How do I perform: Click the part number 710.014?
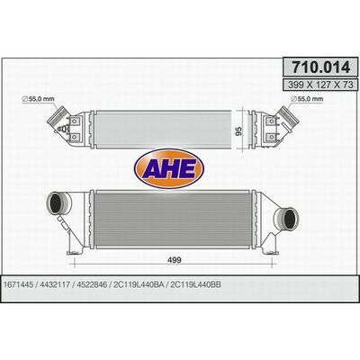coord(321,67)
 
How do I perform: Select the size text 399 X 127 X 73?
coord(320,85)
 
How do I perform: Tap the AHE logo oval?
coord(169,168)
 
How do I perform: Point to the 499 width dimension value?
coord(174,260)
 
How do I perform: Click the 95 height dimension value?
coord(239,130)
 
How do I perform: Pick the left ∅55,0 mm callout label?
coord(38,98)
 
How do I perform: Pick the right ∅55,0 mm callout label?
coord(307,98)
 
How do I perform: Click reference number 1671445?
coord(19,284)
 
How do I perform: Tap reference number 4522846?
coord(92,284)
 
